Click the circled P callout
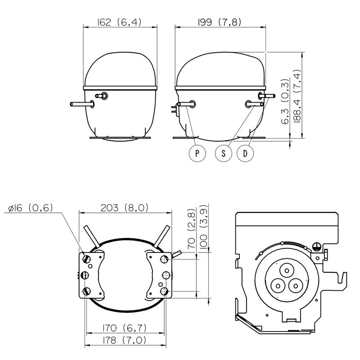coord(197,153)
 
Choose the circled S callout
coord(224,153)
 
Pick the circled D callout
coord(245,153)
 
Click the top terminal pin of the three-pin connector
coord(287,271)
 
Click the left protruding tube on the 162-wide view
coord(82,104)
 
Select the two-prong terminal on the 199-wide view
coord(175,110)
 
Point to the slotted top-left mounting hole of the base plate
coord(87,259)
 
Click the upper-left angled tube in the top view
coord(91,236)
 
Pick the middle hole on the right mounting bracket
coord(166,275)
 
